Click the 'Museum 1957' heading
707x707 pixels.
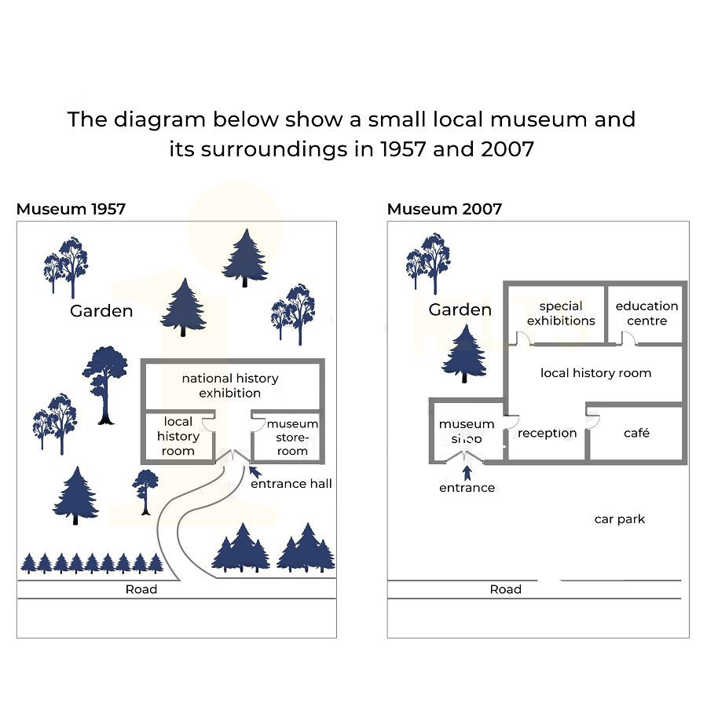[x=71, y=209]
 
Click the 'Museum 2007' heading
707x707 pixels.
[x=444, y=209]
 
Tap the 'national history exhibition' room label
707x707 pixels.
[x=230, y=385]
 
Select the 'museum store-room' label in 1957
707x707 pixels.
[x=292, y=437]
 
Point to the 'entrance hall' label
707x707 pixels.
[x=291, y=484]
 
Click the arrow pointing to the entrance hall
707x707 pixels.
[x=253, y=471]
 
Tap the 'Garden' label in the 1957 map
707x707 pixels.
[x=101, y=311]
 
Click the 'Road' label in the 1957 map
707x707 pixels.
[x=141, y=589]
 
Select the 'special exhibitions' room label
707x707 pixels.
[x=561, y=313]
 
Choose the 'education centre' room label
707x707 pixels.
[x=647, y=313]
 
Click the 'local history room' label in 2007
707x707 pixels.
[x=595, y=373]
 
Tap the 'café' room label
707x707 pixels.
[x=636, y=433]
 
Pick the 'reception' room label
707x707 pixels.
[x=548, y=433]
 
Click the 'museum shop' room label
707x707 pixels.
[x=467, y=431]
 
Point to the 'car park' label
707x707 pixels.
[x=620, y=519]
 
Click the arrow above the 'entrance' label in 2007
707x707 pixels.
[x=467, y=472]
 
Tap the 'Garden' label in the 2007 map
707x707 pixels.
[x=460, y=310]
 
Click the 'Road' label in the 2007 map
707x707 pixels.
[x=505, y=589]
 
